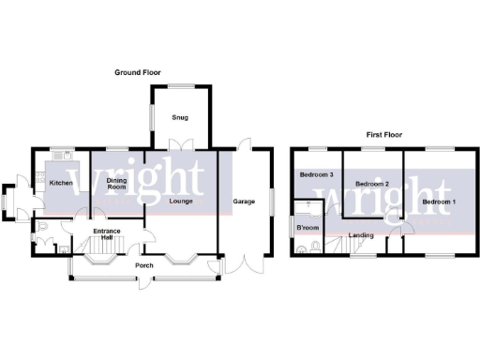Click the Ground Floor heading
pyautogui.click(x=140, y=72)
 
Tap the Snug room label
pyautogui.click(x=179, y=118)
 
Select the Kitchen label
pyautogui.click(x=61, y=183)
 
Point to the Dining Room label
pyautogui.click(x=116, y=184)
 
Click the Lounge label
pyautogui.click(x=180, y=202)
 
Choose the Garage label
pyautogui.click(x=245, y=202)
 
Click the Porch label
pyautogui.click(x=144, y=265)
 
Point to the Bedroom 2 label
pyautogui.click(x=372, y=184)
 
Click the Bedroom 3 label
pyautogui.click(x=316, y=174)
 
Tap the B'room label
pyautogui.click(x=307, y=228)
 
